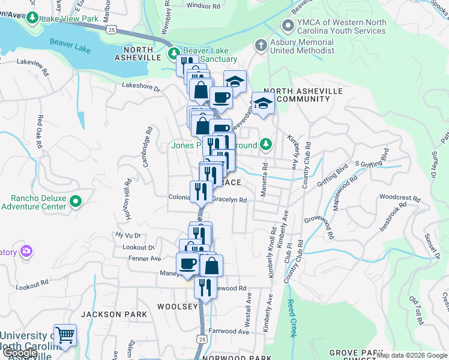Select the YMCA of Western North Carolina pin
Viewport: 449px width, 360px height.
click(288, 26)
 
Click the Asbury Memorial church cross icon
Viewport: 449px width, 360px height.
click(260, 46)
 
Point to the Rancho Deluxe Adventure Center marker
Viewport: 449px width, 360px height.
click(76, 202)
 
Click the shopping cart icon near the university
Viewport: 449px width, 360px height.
click(65, 335)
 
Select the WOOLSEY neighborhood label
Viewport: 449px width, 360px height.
click(177, 307)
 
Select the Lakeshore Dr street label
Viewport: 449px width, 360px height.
click(142, 88)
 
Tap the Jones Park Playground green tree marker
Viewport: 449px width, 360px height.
click(265, 145)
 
